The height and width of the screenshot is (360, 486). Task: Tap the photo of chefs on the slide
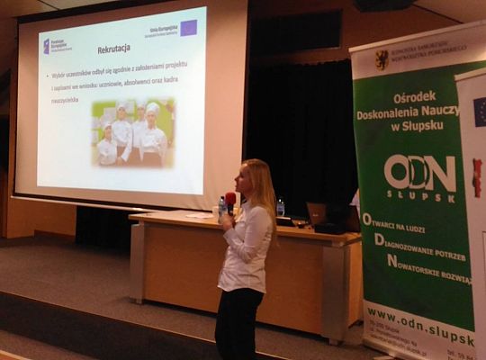coord(132,132)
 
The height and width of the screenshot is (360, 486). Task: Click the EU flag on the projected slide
coord(188,28)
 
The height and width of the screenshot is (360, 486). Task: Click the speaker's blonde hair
coord(259,184)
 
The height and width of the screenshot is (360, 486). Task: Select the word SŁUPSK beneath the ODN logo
coord(419,195)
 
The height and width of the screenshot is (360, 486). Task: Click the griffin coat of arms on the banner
coord(382,60)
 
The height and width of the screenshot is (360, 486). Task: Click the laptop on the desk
coord(316,214)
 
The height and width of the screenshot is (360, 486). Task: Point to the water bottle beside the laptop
coord(280,208)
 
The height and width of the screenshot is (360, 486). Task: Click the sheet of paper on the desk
coord(199,216)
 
